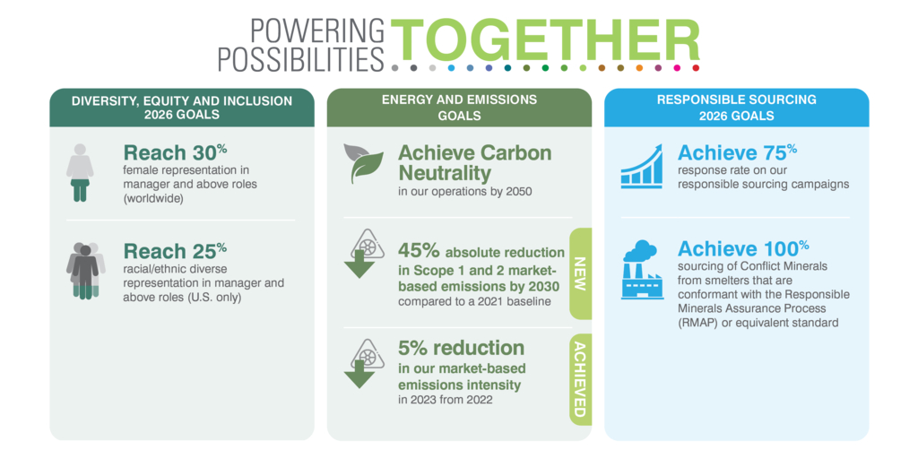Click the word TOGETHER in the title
pos(545,39)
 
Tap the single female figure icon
pos(80,173)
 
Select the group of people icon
pos(85,271)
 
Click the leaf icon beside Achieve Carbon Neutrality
pos(364,163)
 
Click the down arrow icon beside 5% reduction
pos(363,363)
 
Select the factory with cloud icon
pos(643,270)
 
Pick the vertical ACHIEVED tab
pos(580,379)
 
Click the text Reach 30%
pos(175,152)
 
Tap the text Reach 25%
pos(175,251)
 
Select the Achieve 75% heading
pos(737,152)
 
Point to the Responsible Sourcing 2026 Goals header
pos(737,108)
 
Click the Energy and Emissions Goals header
pos(459,108)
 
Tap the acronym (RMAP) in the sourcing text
pos(697,323)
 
